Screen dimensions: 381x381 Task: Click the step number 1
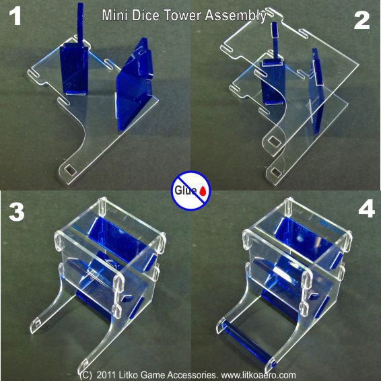pos(15,17)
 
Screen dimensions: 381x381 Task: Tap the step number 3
pos(15,211)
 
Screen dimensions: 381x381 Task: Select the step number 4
pos(366,209)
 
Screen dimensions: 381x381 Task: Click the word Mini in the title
pos(115,14)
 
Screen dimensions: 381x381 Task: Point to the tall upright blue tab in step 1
pos(79,40)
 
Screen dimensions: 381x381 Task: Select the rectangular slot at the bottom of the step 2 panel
pos(275,142)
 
